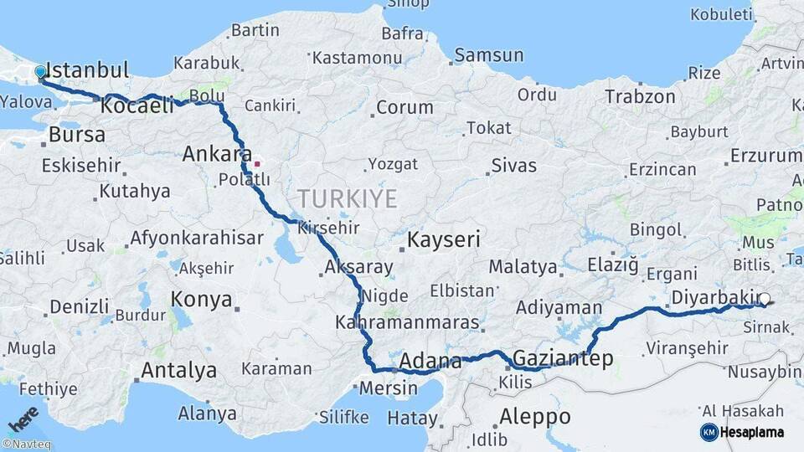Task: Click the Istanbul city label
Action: (x=86, y=70)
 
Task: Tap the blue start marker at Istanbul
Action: (x=40, y=72)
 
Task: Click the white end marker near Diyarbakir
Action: (x=764, y=298)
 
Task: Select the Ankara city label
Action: (x=217, y=155)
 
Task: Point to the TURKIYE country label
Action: (x=347, y=198)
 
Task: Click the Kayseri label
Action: (x=444, y=240)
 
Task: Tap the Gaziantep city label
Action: (x=562, y=359)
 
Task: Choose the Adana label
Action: (x=430, y=362)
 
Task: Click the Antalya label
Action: (x=178, y=370)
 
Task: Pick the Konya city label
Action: (x=201, y=299)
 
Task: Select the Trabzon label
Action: (x=640, y=96)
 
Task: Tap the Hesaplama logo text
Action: (x=751, y=432)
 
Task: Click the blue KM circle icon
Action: (x=709, y=432)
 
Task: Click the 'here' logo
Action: (x=23, y=419)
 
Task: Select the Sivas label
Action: (x=513, y=165)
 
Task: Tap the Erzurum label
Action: (x=765, y=156)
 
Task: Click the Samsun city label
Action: (x=490, y=56)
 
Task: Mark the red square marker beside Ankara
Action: (x=257, y=163)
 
